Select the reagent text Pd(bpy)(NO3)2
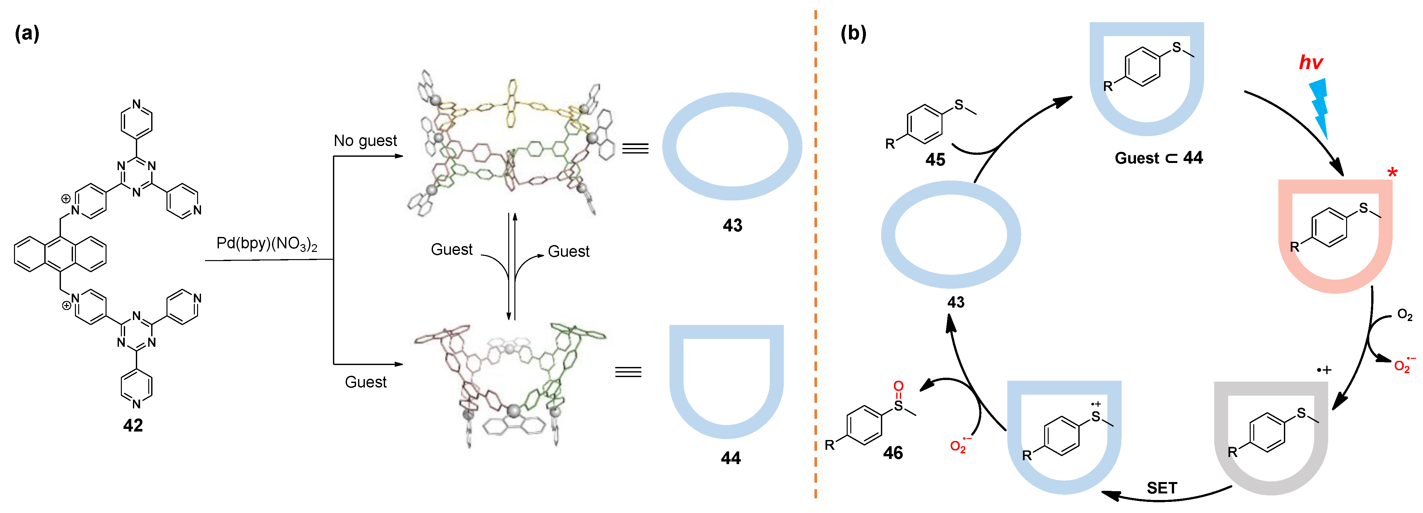point(267,244)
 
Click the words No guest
point(365,141)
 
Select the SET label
point(1162,488)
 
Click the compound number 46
point(893,453)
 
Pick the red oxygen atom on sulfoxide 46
point(898,386)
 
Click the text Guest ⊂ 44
point(1158,158)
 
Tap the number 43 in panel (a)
point(732,226)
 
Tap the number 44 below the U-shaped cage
point(730,458)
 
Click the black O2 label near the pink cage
point(1404,315)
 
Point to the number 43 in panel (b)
point(956,302)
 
